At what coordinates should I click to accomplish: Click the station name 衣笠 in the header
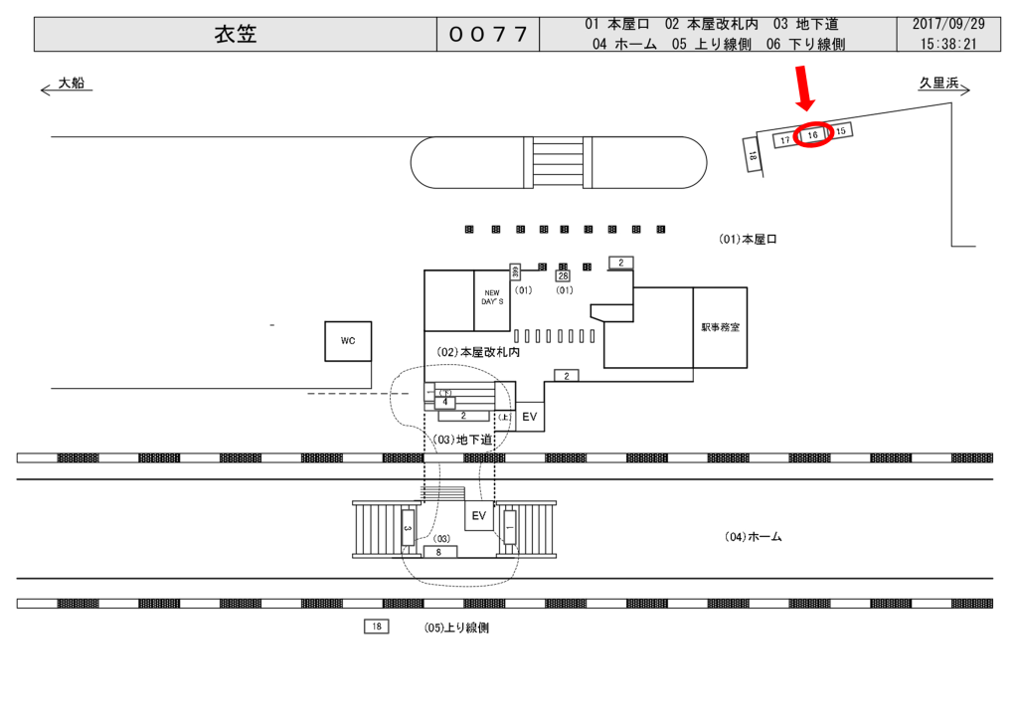click(x=236, y=35)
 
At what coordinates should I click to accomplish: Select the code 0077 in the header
click(x=487, y=35)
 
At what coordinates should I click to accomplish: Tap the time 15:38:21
click(x=947, y=44)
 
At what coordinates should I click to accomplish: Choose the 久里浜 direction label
click(x=937, y=84)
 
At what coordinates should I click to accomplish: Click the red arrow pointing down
click(x=805, y=90)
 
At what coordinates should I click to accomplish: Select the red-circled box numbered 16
click(x=812, y=134)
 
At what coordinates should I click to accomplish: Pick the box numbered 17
click(x=785, y=140)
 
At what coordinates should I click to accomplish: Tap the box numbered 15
click(x=840, y=130)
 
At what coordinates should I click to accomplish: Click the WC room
click(x=348, y=340)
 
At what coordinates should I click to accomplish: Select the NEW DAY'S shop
click(x=493, y=297)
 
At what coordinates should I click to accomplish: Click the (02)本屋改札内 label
click(x=479, y=352)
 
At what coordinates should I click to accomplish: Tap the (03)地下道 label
click(x=460, y=439)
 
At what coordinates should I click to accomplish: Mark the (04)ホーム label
click(x=753, y=537)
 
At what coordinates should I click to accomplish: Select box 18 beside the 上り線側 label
click(x=376, y=627)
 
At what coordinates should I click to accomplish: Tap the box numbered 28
click(x=563, y=275)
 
